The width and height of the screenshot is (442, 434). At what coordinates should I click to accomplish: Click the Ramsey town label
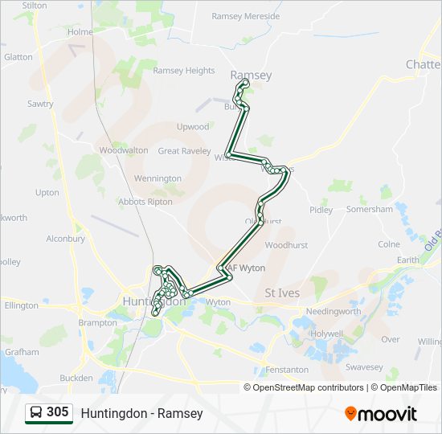point(251,76)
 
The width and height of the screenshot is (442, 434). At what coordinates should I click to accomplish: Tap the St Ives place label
point(282,293)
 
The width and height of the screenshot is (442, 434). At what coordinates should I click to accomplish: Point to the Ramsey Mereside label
point(245,16)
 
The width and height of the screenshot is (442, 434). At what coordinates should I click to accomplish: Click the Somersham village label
point(370,209)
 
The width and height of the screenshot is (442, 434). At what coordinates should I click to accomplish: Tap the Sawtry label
point(40,104)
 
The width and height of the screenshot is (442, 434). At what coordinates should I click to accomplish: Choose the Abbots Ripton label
point(145,202)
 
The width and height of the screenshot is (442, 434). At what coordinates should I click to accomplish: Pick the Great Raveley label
point(184,150)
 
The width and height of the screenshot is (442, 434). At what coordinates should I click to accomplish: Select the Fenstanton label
point(286,370)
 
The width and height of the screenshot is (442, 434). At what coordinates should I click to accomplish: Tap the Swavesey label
point(364,366)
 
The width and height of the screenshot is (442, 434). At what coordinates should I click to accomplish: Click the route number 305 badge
point(58,412)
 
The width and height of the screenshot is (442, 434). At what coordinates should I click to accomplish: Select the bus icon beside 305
point(36,413)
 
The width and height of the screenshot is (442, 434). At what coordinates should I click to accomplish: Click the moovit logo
point(381,414)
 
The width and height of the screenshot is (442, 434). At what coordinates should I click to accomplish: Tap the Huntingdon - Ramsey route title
point(141,414)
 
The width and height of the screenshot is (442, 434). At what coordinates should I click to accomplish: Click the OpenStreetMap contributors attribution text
point(308,387)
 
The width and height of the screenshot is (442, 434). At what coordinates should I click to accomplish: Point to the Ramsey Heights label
point(184,71)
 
